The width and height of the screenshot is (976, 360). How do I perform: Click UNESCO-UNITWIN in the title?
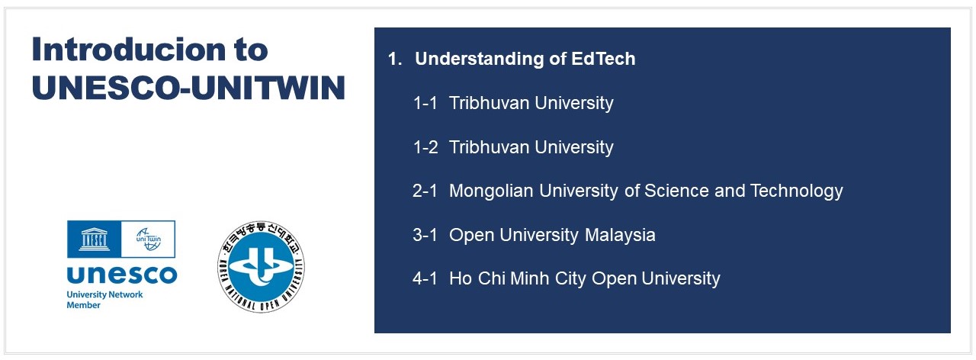click(x=188, y=88)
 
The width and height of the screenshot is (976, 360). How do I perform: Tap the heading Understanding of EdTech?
click(x=525, y=59)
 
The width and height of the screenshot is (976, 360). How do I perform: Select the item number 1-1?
click(x=425, y=103)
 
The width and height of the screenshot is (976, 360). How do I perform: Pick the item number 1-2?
click(x=425, y=147)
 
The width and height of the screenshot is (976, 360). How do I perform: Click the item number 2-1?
click(x=425, y=191)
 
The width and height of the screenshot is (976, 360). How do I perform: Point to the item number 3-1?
click(x=425, y=235)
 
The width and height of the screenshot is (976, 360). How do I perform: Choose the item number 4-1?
click(x=425, y=278)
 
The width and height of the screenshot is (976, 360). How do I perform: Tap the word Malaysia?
click(x=620, y=235)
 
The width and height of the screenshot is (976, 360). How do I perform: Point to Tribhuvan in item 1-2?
click(x=489, y=147)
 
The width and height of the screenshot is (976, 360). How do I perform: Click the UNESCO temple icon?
click(x=94, y=239)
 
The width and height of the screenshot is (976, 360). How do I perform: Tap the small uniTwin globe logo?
click(x=148, y=239)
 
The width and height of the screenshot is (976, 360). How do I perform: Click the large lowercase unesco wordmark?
click(x=122, y=275)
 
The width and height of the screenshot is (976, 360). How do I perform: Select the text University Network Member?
click(x=104, y=300)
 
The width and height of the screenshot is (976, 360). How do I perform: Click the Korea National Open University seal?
click(x=261, y=267)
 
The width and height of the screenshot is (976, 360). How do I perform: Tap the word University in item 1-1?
click(x=574, y=103)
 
